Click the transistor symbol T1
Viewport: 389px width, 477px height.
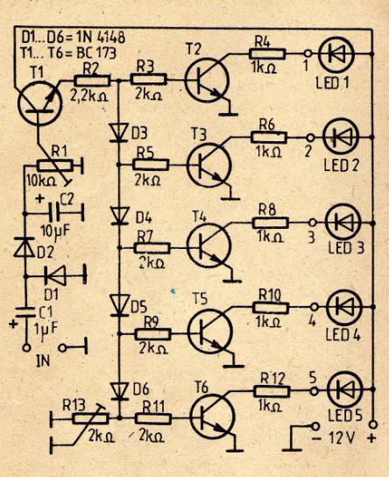coord(40,103)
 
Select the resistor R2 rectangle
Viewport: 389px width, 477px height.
coord(92,81)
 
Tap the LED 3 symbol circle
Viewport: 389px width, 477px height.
coord(343,223)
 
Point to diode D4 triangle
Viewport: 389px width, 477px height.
coord(119,216)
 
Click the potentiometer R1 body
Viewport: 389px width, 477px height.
coord(55,165)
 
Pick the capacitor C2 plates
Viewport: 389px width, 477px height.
coord(55,212)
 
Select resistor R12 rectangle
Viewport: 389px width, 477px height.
coord(272,391)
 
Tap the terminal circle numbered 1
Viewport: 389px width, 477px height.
coord(308,53)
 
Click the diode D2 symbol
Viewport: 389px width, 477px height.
coord(25,247)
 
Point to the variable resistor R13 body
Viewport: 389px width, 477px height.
coord(90,418)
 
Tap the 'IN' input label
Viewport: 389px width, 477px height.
coord(43,360)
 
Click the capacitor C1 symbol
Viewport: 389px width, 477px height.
coord(25,313)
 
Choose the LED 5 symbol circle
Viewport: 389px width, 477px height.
coord(345,389)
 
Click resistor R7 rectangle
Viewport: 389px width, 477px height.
coord(152,248)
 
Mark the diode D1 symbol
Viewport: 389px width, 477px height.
coord(55,276)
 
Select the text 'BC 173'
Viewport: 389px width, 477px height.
coord(96,53)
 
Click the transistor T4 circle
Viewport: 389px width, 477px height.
coord(209,246)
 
